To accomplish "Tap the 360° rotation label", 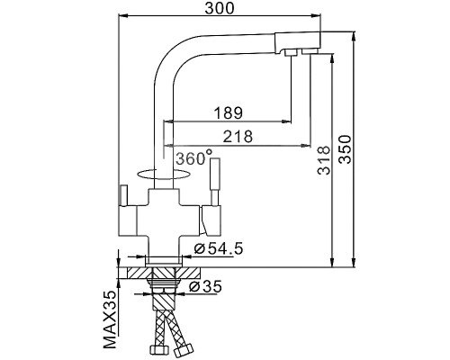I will pyautogui.click(x=193, y=157).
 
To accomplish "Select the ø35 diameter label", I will pyautogui.click(x=209, y=287).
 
